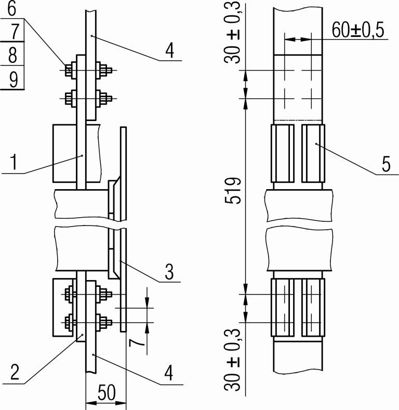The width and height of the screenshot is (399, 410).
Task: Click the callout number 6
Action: click(12, 8)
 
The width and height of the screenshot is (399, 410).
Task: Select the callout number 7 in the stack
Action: click(15, 31)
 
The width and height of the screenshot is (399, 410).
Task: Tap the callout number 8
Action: click(12, 55)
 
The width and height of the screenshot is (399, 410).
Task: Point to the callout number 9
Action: click(14, 79)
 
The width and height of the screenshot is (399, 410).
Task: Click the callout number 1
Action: click(14, 162)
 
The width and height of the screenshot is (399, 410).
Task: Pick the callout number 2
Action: click(15, 373)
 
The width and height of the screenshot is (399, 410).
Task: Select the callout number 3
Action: click(169, 272)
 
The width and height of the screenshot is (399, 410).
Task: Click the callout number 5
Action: click(386, 164)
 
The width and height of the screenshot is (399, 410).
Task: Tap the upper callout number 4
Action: click(170, 50)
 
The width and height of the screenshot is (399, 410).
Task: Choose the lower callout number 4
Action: click(169, 373)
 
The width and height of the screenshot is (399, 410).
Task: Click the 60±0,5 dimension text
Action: click(358, 30)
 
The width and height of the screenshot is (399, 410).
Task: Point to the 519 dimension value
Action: click(232, 191)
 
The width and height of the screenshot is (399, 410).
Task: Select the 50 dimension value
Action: click(107, 393)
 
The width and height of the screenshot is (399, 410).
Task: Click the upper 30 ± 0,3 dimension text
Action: click(232, 32)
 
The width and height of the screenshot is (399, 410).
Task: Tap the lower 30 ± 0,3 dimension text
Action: click(232, 360)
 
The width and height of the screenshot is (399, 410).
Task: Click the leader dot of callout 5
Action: click(316, 143)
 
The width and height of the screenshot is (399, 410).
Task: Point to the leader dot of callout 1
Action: click(82, 156)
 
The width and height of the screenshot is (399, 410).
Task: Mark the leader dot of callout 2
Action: click(82, 335)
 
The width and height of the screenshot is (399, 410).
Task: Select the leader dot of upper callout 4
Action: click(91, 35)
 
